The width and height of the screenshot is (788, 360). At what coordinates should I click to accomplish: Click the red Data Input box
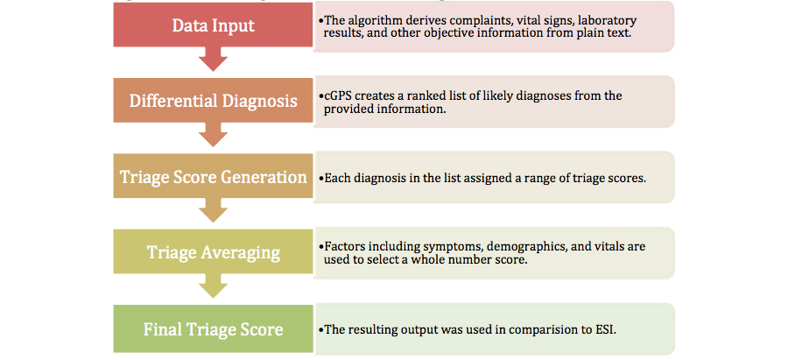click(x=213, y=25)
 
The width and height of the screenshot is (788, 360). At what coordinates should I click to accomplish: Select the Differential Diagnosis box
click(x=213, y=100)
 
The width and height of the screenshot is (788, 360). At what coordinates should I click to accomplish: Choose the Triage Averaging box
click(x=213, y=251)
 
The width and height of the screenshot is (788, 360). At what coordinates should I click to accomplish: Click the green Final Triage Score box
click(x=213, y=328)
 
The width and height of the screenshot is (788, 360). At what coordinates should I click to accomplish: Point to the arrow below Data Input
click(x=213, y=60)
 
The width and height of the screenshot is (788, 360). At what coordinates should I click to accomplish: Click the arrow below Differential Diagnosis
click(x=213, y=135)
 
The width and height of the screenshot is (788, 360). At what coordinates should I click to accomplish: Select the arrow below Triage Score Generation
click(x=213, y=210)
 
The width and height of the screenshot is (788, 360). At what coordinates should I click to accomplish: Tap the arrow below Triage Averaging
click(x=213, y=286)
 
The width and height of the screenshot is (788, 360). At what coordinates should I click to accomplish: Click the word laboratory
click(x=612, y=21)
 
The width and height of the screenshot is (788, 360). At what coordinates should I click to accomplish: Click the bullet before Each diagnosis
click(x=321, y=179)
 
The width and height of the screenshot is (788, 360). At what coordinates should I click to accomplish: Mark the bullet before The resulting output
click(x=321, y=330)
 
